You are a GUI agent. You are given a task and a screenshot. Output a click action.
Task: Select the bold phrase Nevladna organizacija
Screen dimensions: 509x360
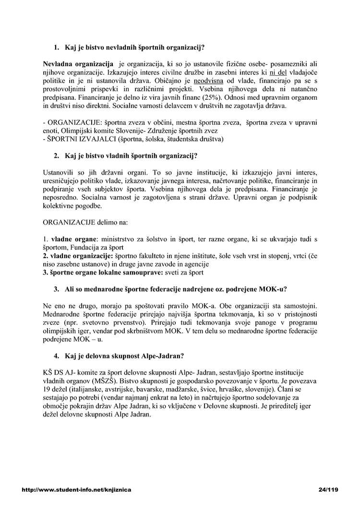77,64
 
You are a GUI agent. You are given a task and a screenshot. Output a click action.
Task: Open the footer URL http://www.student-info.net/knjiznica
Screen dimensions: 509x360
77,490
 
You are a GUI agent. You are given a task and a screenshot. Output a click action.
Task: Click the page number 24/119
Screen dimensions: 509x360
328,490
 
